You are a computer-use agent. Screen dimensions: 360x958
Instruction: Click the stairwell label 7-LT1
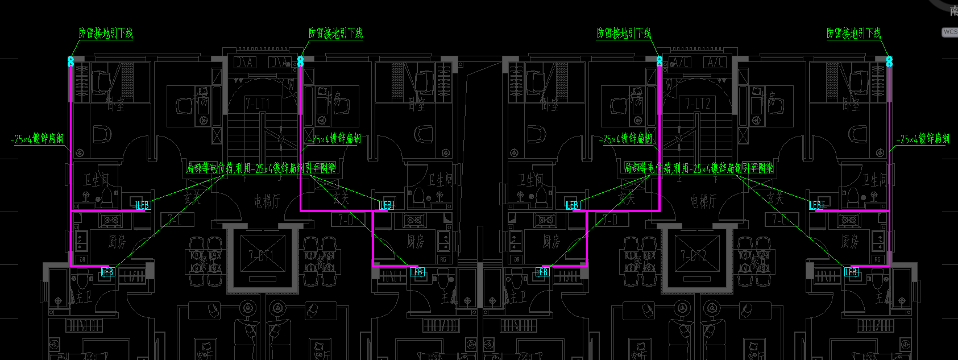(258, 104)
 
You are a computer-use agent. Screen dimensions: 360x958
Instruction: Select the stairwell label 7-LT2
(697, 104)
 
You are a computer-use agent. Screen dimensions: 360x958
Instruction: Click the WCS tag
(950, 32)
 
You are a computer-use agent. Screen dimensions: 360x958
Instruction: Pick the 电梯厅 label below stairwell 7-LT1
(267, 201)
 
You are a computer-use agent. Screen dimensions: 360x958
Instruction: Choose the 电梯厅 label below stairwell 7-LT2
(703, 201)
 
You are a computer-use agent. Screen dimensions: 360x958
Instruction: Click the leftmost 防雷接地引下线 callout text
(106, 33)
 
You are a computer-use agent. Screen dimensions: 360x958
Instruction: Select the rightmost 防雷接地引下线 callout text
(853, 33)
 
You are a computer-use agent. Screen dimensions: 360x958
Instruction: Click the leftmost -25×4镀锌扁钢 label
(37, 139)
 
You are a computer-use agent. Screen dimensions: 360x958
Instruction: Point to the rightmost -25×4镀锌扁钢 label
(923, 139)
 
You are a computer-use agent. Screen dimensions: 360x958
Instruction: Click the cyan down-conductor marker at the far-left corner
(71, 61)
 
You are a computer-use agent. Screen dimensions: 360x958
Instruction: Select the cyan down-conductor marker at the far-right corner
(889, 61)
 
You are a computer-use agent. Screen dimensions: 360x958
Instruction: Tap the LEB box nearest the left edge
(107, 272)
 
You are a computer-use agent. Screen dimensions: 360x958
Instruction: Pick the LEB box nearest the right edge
(851, 272)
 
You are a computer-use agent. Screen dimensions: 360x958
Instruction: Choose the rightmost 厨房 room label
(849, 242)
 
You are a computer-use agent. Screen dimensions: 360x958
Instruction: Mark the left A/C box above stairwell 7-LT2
(679, 62)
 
